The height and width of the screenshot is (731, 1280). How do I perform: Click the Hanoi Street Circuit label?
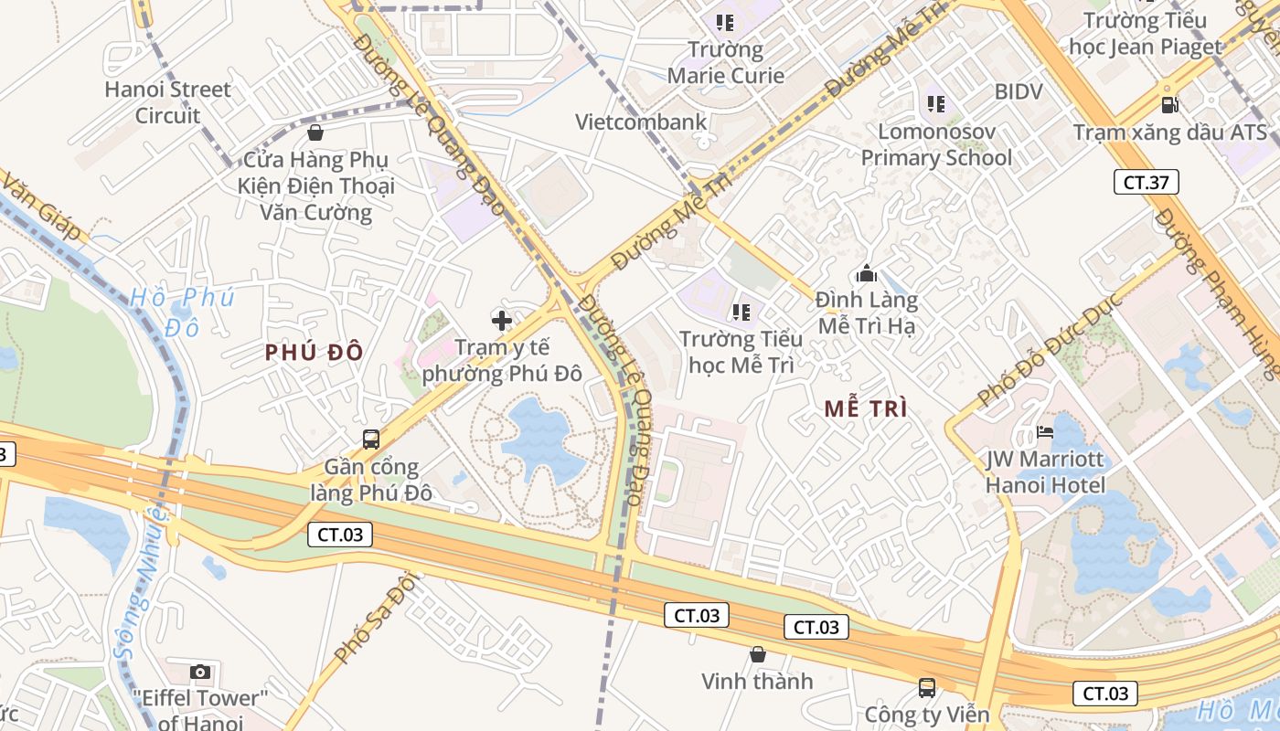(167, 102)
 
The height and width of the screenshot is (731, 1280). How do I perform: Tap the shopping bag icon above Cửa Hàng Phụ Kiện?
(315, 133)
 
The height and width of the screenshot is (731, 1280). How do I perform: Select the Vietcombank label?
(641, 122)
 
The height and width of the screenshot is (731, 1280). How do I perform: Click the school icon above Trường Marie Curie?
(725, 22)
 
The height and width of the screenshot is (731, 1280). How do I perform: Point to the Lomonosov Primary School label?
(936, 145)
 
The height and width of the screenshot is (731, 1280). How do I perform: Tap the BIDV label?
(1019, 91)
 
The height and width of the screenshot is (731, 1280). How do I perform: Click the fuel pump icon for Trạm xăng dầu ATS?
(1168, 105)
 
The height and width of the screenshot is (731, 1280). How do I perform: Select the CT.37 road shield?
(1146, 182)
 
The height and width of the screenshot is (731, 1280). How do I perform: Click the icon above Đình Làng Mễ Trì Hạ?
(866, 273)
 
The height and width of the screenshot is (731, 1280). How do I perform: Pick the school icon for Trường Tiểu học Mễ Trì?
(741, 313)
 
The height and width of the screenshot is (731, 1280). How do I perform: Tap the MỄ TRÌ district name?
(866, 409)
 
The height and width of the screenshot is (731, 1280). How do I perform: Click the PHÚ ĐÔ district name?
(315, 353)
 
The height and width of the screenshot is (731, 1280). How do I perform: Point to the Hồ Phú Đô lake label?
(181, 312)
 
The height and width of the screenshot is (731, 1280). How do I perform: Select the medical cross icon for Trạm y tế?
(501, 321)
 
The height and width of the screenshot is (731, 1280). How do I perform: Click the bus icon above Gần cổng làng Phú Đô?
(370, 439)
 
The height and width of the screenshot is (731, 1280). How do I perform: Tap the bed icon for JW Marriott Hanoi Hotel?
(1044, 432)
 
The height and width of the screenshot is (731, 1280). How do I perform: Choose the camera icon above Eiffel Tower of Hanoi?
(200, 673)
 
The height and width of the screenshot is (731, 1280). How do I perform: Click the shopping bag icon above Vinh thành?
(757, 654)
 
